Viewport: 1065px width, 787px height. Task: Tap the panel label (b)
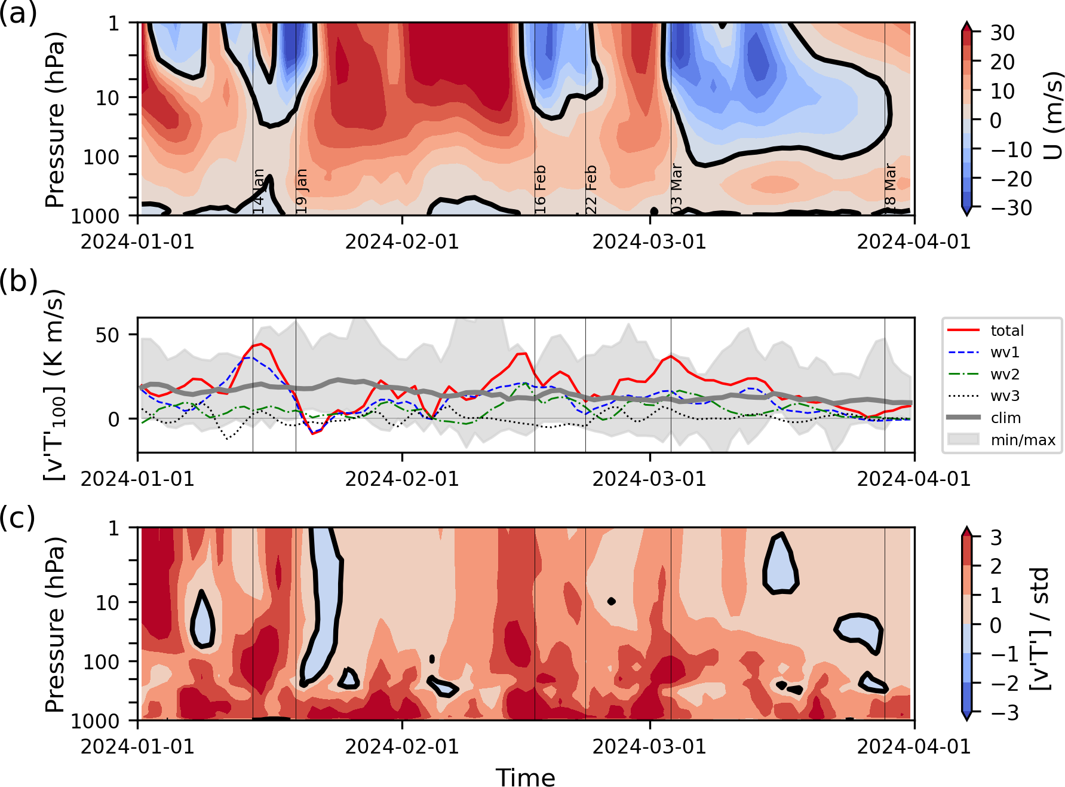(x=18, y=280)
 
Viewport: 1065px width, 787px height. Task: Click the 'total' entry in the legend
(x=1006, y=330)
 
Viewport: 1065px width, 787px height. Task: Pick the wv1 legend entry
(x=1005, y=353)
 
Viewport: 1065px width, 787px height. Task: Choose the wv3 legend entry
(x=1005, y=396)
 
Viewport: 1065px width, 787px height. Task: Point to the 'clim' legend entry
(x=1005, y=418)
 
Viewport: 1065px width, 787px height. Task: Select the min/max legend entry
(x=1023, y=440)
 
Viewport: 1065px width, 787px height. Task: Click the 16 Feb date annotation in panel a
(x=540, y=189)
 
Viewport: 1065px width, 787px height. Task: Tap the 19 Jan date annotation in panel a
(x=302, y=191)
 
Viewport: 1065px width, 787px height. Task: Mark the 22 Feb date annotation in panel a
(x=591, y=189)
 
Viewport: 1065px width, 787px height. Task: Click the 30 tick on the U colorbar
(x=1002, y=33)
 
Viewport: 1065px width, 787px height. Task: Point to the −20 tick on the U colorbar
(x=1011, y=179)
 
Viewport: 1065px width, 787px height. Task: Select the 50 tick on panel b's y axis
(x=108, y=335)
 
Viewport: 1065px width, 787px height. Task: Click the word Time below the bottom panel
(x=525, y=777)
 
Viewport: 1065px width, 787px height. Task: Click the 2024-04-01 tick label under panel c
(x=914, y=746)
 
